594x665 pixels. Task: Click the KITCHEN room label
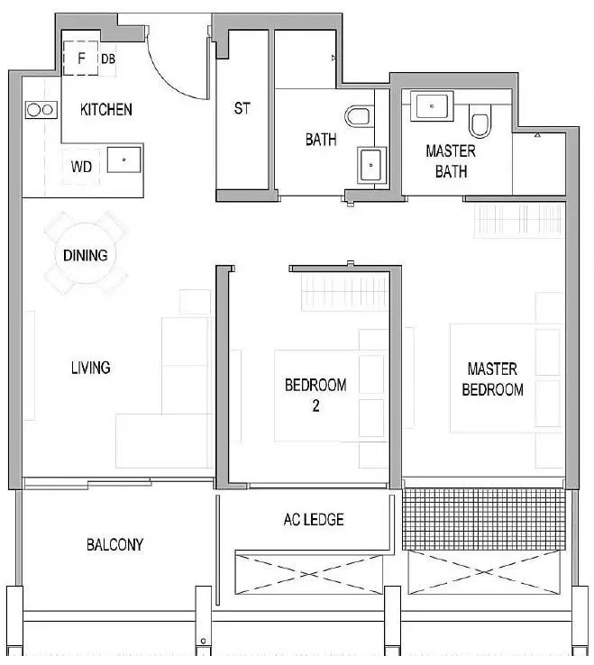click(x=106, y=109)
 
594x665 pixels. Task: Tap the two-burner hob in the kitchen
click(x=41, y=110)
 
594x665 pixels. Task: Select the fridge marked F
click(x=80, y=58)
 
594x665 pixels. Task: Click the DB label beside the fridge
click(x=108, y=59)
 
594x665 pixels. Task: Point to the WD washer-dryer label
click(x=81, y=167)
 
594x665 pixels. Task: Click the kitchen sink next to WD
click(x=123, y=159)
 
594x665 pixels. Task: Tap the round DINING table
click(x=86, y=254)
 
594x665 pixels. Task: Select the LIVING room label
click(x=91, y=368)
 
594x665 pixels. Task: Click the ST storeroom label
click(x=242, y=108)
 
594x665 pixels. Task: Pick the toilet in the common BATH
click(x=358, y=116)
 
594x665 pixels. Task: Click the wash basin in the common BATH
click(x=371, y=165)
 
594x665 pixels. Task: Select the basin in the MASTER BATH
click(x=432, y=105)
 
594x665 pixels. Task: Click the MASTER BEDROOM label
click(x=492, y=379)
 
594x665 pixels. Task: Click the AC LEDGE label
click(x=314, y=520)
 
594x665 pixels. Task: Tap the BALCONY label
click(x=114, y=544)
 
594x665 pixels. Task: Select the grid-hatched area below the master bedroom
click(x=484, y=519)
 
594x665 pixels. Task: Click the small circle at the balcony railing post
click(x=203, y=641)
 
